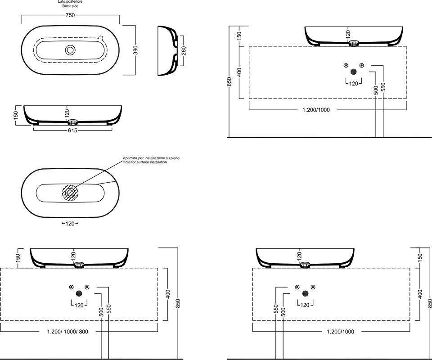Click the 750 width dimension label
(x=70, y=15)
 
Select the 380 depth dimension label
(x=135, y=50)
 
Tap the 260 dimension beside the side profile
(x=184, y=51)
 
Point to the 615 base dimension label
(x=72, y=130)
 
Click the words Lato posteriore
(x=70, y=2)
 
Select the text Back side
(x=70, y=6)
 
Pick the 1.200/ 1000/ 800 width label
(x=68, y=332)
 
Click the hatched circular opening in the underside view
(x=70, y=192)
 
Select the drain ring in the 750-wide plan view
(x=70, y=50)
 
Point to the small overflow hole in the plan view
(x=101, y=37)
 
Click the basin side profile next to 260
(x=167, y=51)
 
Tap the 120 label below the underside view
(x=70, y=224)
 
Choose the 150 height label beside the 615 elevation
(x=16, y=114)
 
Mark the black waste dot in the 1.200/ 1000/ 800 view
(x=79, y=293)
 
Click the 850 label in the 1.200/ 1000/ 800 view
(x=178, y=304)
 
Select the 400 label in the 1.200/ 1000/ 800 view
(x=168, y=294)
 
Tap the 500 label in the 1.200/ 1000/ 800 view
(x=101, y=311)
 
